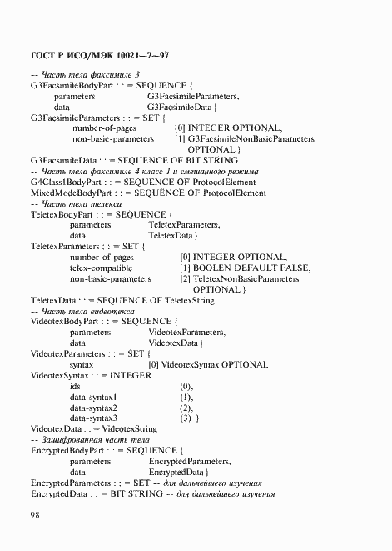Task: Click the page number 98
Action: pos(36,515)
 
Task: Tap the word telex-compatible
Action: pos(101,268)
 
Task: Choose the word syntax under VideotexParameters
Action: pos(82,364)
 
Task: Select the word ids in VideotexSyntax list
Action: pos(75,386)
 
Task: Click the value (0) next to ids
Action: pos(186,386)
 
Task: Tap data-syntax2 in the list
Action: pos(93,408)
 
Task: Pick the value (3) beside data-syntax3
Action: pos(186,418)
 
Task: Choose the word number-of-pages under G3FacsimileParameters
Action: pos(103,128)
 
